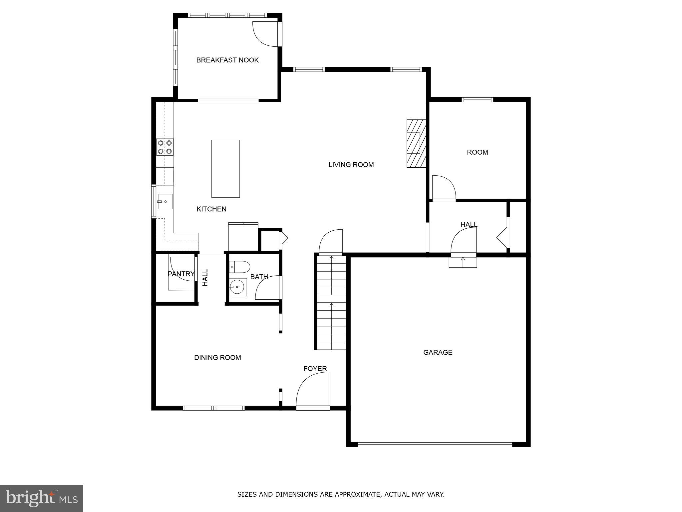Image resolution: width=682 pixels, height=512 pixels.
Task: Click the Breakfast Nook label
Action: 227,60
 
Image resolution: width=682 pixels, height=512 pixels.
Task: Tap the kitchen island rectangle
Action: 225,169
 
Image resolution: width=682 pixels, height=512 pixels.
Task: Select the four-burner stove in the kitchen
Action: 165,147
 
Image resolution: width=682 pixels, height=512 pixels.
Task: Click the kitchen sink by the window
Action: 165,201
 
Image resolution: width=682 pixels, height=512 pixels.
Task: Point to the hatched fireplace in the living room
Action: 416,143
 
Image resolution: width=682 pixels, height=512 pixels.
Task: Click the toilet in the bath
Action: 240,267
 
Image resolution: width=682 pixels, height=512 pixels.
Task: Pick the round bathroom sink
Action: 238,287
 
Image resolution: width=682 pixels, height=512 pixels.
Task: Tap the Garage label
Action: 438,352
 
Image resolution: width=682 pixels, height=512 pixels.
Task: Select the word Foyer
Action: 315,369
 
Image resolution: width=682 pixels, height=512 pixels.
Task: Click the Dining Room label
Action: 217,358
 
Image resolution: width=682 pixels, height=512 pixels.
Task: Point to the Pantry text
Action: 181,274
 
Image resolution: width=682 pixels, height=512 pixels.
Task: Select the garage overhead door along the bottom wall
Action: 435,444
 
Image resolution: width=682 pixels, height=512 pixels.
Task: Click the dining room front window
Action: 213,408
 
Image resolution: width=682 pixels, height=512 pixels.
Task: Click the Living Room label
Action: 351,165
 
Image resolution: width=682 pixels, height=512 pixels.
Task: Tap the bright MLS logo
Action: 42,498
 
